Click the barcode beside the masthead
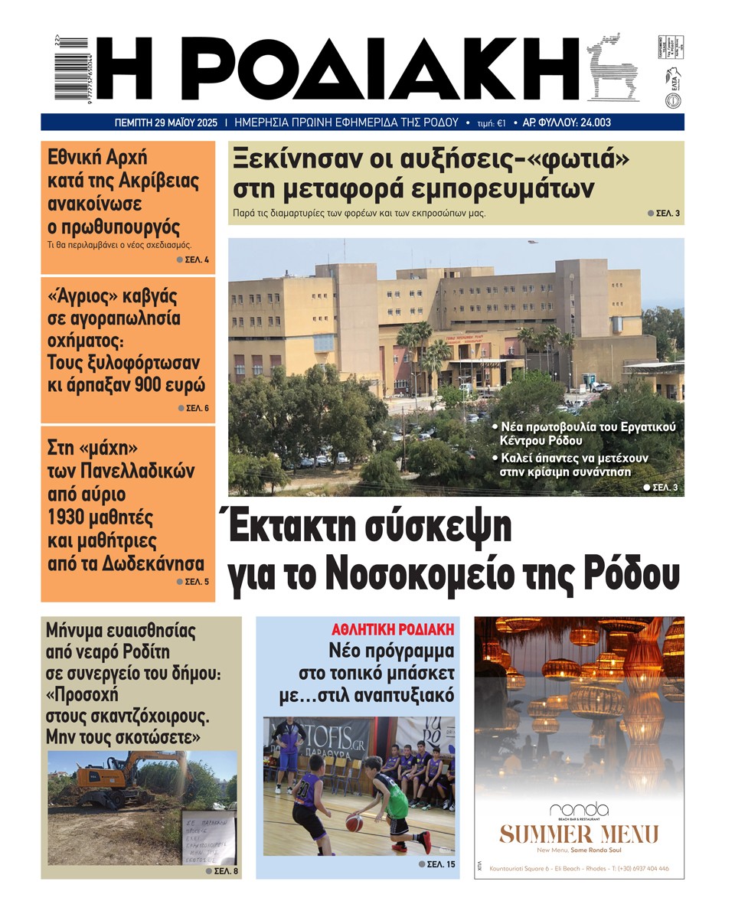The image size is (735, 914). tap(74, 69)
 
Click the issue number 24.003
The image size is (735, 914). tap(593, 122)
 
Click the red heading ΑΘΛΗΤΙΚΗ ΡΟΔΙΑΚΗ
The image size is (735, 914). tap(393, 629)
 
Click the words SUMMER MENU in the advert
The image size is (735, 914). tap(578, 834)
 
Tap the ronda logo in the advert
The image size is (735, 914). tap(578, 810)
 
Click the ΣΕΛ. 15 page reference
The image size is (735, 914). tap(440, 864)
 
